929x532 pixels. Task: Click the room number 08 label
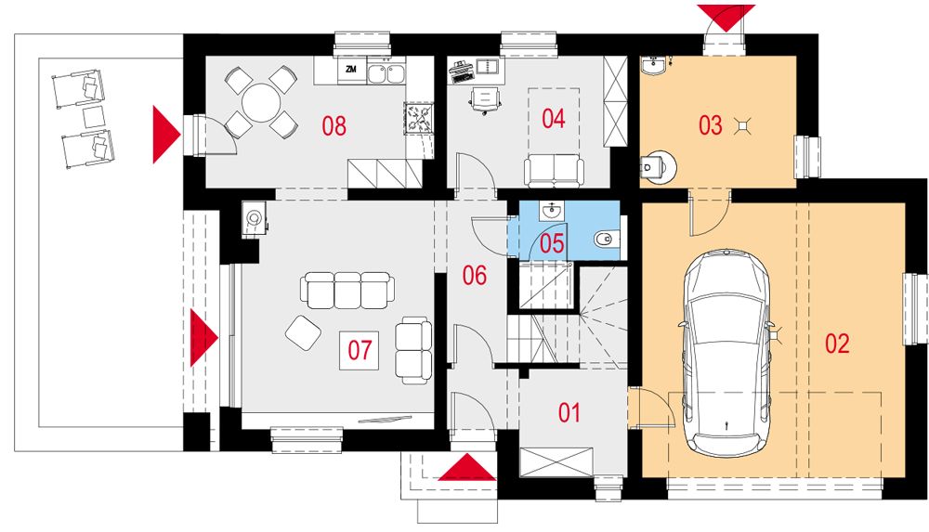coord(334,125)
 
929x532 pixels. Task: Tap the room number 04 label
coord(554,119)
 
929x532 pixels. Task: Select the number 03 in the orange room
coord(711,125)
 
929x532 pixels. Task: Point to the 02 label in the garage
coord(837,344)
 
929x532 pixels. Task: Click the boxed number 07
coord(360,349)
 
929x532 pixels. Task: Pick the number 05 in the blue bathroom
coord(552,243)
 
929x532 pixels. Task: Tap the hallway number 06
coord(475,276)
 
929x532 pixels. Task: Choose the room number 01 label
coord(569,413)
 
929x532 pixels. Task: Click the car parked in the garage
coord(726,353)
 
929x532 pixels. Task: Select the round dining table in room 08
coord(261,102)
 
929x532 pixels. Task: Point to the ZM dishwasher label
coord(351,70)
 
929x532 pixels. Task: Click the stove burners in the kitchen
coord(420,116)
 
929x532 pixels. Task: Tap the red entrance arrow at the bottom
coord(467,467)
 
